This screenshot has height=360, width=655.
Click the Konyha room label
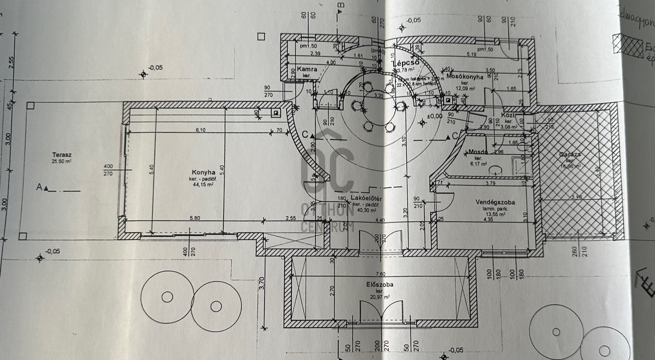pos(203,173)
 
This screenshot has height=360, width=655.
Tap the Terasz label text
pos(62,155)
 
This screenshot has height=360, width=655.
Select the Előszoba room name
pos(379,284)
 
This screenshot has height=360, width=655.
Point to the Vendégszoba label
pos(495,202)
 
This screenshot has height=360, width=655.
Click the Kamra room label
pos(307,69)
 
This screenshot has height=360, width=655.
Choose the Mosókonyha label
pos(464,77)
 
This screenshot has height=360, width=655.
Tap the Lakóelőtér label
pos(366,198)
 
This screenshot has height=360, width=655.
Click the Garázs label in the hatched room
pos(570,154)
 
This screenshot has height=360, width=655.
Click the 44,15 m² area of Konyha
pos(203,184)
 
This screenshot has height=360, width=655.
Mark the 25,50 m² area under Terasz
pos(62,161)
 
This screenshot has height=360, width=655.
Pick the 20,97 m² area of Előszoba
pos(380,297)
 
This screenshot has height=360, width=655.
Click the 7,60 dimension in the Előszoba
pos(380,274)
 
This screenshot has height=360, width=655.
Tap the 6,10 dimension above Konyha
pos(200,130)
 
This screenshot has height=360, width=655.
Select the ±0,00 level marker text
pos(434,116)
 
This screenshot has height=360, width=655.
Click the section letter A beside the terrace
pos(39,187)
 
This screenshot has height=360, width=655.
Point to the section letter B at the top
pos(341,5)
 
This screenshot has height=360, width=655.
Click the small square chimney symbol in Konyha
pos(276,113)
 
